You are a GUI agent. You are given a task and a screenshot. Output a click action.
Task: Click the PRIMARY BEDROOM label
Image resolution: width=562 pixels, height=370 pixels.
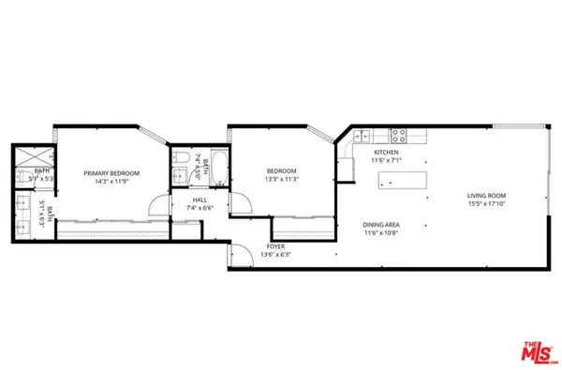point(111,173)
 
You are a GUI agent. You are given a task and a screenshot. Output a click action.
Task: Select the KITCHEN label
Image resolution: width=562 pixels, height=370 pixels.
point(387,152)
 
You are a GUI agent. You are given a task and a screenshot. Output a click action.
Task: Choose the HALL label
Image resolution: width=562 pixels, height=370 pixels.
point(200,200)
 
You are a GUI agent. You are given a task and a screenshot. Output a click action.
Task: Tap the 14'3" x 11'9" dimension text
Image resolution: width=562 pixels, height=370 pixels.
point(111,183)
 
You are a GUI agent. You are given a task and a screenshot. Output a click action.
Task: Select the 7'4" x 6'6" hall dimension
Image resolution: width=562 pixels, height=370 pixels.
point(200,208)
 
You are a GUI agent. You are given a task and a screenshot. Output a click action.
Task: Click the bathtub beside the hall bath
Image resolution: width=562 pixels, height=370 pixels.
point(217,170)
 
